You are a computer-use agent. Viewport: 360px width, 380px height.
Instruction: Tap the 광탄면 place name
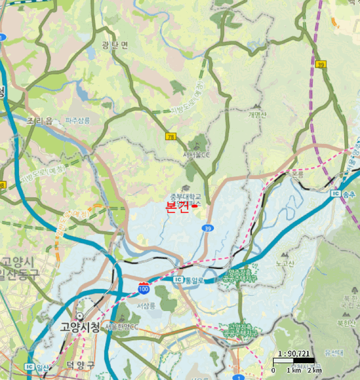115,45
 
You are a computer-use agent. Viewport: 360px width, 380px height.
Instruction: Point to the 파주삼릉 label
78,120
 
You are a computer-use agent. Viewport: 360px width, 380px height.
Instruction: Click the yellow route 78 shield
171,136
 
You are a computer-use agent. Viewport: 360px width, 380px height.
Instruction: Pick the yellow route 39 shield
321,65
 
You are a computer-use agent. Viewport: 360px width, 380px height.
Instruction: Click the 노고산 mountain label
284,264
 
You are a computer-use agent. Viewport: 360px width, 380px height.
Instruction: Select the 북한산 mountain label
346,323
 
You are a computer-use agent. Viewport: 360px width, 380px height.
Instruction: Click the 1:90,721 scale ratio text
294,353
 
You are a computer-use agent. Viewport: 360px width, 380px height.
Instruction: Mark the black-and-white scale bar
293,361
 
